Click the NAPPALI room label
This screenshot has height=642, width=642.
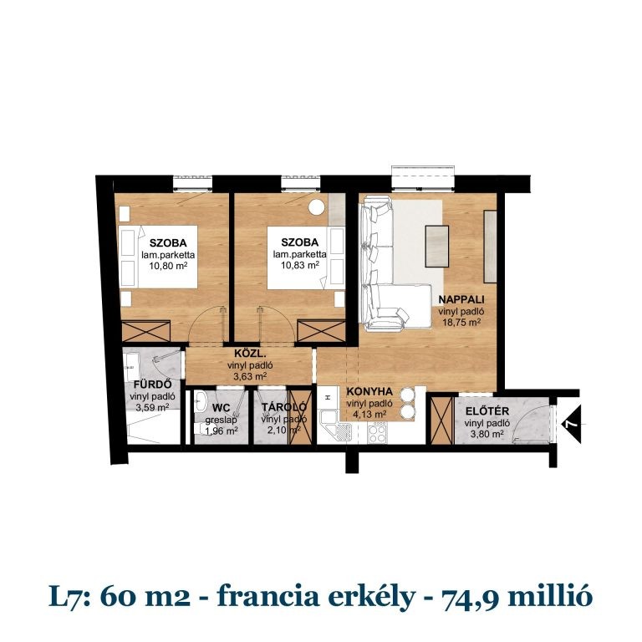459,298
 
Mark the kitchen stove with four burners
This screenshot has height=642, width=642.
377,432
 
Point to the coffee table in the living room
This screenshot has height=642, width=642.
437,247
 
